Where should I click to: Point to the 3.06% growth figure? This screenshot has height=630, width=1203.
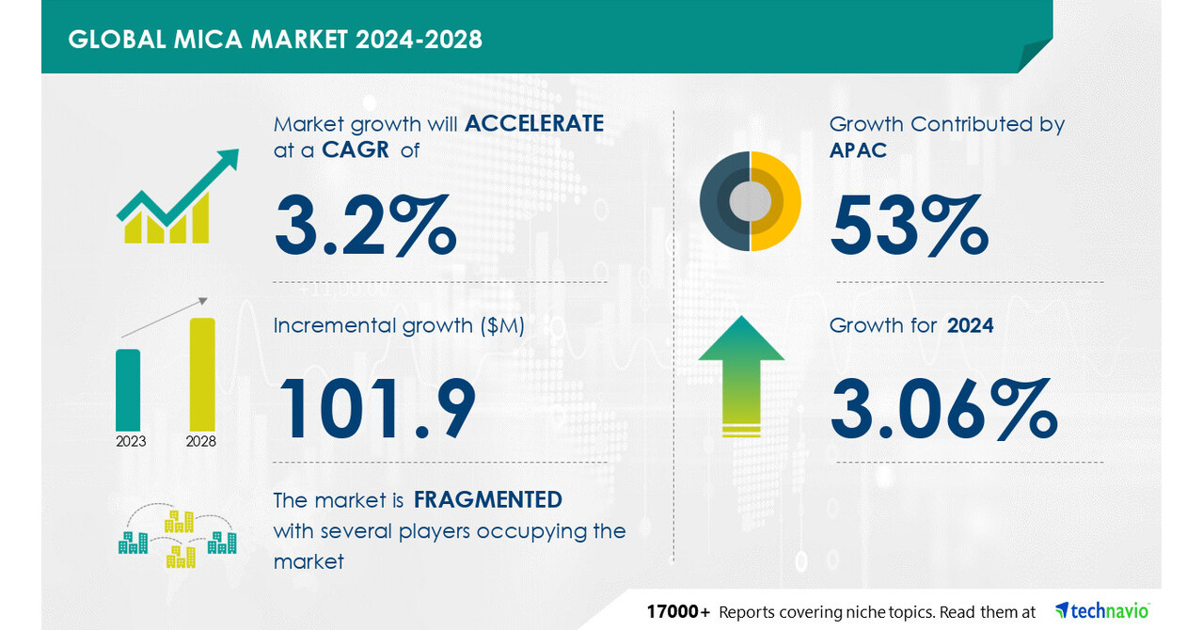tap(943, 409)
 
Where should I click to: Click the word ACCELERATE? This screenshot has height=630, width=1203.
tap(534, 124)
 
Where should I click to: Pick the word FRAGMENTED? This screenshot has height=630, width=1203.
tap(487, 499)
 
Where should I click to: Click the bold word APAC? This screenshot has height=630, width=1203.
tap(858, 150)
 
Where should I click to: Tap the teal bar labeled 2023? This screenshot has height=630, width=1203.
tap(128, 389)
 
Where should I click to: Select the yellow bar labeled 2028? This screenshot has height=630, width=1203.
tap(202, 373)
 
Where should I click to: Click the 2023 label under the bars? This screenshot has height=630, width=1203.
tap(131, 441)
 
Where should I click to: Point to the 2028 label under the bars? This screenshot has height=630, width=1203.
tap(201, 441)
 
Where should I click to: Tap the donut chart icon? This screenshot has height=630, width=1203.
tap(750, 201)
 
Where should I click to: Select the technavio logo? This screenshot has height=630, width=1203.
tap(1102, 611)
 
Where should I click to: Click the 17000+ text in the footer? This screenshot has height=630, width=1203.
tap(678, 612)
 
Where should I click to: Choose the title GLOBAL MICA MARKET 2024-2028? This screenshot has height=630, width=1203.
tap(276, 39)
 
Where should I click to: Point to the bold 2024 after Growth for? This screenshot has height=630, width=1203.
tap(970, 326)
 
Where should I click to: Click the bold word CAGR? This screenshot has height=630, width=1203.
tap(356, 150)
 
